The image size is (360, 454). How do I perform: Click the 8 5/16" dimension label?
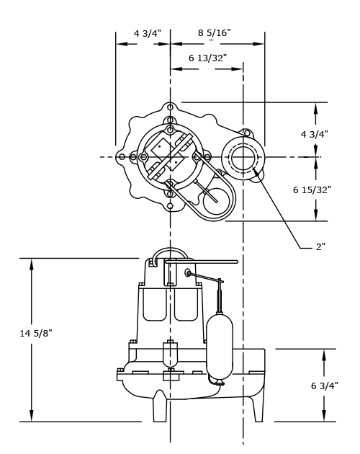[x=214, y=32]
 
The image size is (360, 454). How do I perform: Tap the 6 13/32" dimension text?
[x=207, y=58]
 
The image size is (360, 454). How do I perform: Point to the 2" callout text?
[x=320, y=246]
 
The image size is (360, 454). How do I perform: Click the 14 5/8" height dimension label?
[x=35, y=333]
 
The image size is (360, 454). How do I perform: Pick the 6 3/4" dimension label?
[x=324, y=386]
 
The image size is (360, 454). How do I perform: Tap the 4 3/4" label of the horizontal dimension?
[x=147, y=33]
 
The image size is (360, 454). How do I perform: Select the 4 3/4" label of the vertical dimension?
[x=314, y=134]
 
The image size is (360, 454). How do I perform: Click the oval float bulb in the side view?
[x=219, y=344]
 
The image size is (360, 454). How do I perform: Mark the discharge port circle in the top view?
[x=243, y=157]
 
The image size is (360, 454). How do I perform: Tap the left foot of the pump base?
[x=160, y=408]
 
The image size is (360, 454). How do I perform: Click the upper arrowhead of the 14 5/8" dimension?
[x=32, y=264]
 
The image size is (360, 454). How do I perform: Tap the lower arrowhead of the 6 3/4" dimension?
[x=324, y=416]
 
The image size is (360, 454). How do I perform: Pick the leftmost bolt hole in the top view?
[x=122, y=157]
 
